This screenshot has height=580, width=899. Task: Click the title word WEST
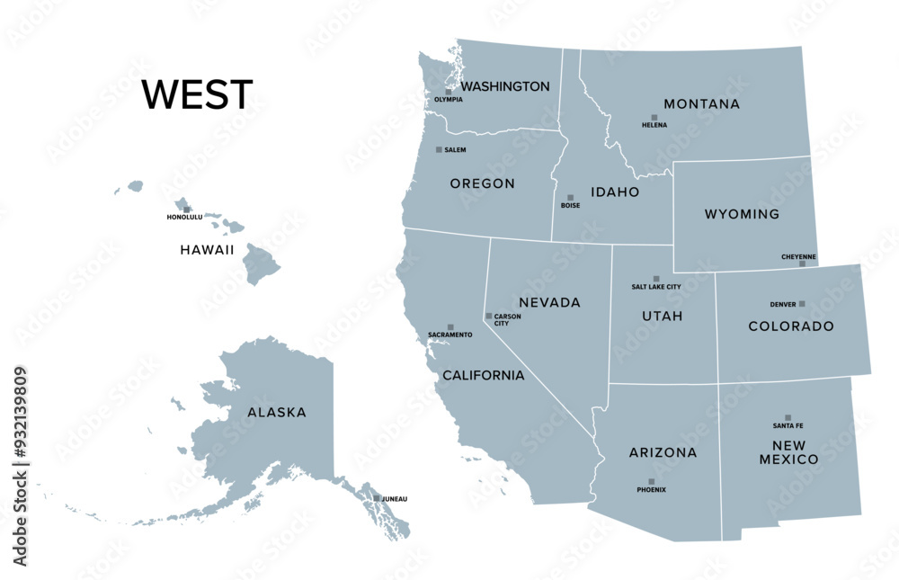point(197,94)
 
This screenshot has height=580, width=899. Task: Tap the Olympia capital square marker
point(449,92)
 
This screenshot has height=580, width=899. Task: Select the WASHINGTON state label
point(505,86)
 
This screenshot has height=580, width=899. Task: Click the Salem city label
point(455,150)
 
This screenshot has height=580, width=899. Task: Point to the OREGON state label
point(483,183)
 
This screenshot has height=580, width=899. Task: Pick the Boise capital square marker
point(570,198)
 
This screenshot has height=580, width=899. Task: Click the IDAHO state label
point(615,192)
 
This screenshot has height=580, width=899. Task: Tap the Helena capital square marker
point(654,118)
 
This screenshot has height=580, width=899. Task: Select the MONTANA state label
point(701,104)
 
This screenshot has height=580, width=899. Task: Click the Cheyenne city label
point(798,256)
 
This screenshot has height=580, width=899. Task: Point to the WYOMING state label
point(742,214)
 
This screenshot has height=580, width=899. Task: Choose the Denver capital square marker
point(802,304)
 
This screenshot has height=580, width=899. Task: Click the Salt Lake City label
point(656,287)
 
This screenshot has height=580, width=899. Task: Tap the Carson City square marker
point(489,316)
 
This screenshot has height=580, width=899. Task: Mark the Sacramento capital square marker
point(450,327)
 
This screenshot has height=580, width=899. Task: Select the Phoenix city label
point(651,490)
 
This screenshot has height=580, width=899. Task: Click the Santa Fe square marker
point(788,417)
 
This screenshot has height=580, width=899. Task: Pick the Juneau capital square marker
point(377,498)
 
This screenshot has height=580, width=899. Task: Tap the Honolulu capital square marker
point(187,210)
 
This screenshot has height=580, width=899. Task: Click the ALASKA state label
point(277,413)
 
